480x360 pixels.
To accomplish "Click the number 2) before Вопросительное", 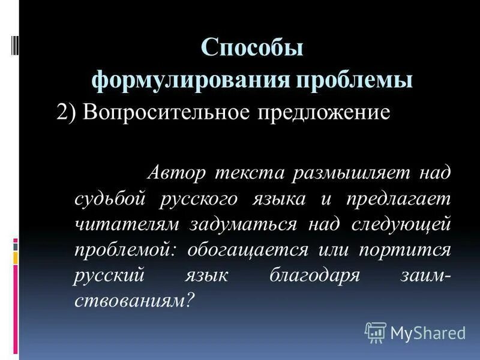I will click(66, 113).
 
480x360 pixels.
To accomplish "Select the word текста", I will click(250, 174).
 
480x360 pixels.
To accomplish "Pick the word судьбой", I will click(112, 199).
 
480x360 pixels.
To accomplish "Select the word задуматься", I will click(244, 224).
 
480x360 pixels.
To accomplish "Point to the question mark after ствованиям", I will click(191, 299).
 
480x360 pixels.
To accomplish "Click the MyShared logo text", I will click(427, 332).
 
